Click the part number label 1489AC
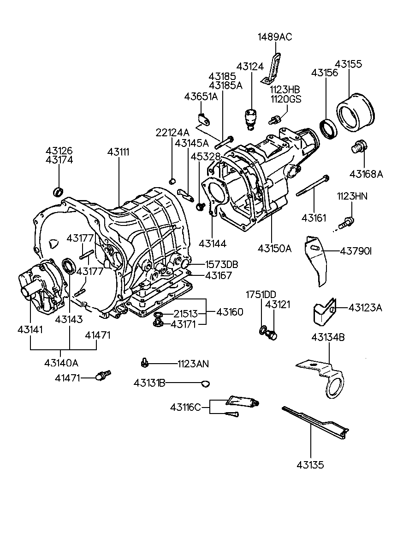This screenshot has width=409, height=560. (x=275, y=37)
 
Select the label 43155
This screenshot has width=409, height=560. (x=348, y=64)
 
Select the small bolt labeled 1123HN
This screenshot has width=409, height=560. (x=346, y=223)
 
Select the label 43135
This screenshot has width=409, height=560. (x=310, y=465)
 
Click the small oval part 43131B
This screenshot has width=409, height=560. (x=206, y=383)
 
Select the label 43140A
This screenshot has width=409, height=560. (x=61, y=363)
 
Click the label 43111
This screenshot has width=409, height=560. (x=119, y=152)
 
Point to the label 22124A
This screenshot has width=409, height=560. (x=172, y=133)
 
